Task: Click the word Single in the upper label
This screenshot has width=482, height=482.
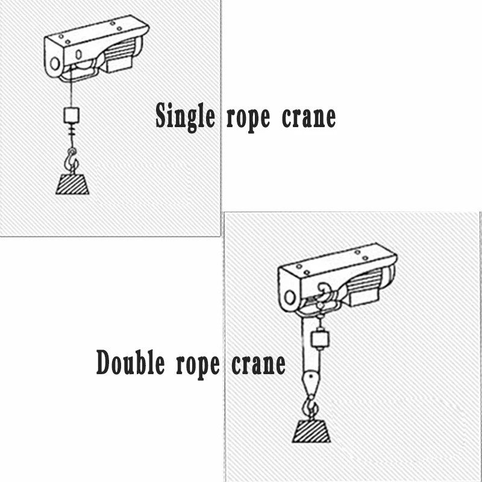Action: tap(185, 116)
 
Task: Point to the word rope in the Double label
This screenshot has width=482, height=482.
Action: tap(195, 365)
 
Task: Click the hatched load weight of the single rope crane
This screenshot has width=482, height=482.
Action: tap(72, 183)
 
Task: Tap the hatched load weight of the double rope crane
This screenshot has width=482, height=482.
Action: tap(311, 430)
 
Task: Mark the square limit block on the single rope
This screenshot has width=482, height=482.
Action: tap(72, 114)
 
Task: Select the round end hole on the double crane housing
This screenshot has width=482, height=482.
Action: tap(290, 296)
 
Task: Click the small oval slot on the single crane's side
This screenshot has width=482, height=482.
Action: tap(78, 54)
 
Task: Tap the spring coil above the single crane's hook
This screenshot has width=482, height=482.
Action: tap(72, 132)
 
